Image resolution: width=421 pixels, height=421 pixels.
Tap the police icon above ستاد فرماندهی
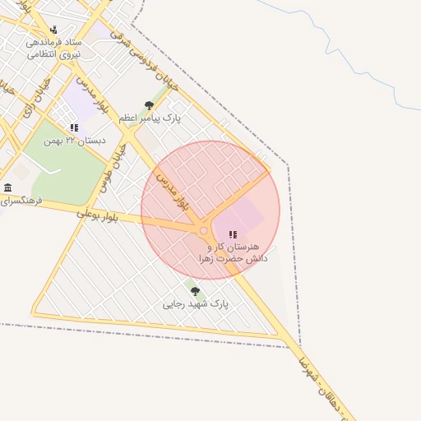55,30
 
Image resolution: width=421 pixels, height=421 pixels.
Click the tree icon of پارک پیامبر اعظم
149,105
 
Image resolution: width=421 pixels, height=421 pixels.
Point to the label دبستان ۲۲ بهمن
76,141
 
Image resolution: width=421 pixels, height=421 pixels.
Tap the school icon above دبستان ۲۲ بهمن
75,127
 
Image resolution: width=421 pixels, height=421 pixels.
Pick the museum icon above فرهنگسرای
7,187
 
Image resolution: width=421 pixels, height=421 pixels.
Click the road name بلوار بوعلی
98,216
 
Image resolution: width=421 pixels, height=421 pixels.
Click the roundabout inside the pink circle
203,231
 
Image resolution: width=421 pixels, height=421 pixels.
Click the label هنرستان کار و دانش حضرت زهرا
229,252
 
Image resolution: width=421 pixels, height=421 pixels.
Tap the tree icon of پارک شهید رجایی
195,291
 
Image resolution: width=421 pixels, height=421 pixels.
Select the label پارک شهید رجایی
196,304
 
